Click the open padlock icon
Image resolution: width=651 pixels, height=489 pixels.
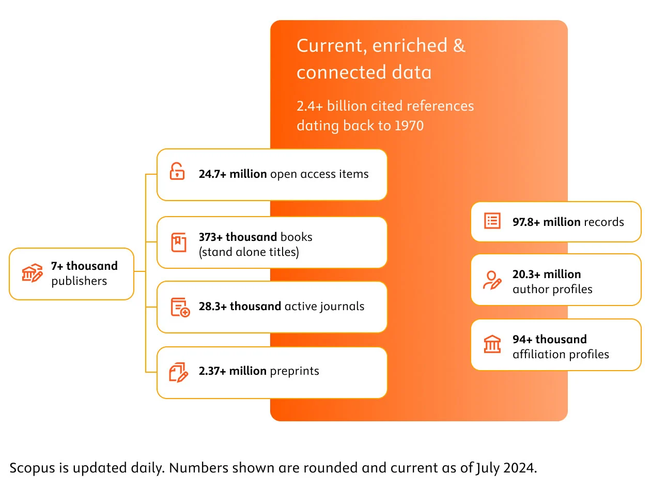click(x=177, y=171)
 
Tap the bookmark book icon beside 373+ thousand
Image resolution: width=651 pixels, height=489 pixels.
click(x=179, y=242)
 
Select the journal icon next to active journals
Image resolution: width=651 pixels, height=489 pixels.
click(x=180, y=307)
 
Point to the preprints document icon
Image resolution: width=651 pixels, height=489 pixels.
click(x=179, y=372)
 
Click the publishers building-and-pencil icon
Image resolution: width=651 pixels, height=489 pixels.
click(x=32, y=273)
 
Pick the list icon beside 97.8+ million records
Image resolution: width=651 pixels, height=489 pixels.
click(x=492, y=221)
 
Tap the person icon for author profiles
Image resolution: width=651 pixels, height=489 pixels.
click(x=491, y=280)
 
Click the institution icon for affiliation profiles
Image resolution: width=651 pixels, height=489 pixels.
click(x=492, y=344)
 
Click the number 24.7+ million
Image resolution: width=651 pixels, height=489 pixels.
click(x=233, y=174)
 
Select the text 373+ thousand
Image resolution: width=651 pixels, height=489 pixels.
click(x=238, y=237)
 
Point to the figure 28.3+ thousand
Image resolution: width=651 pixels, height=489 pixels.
click(x=240, y=307)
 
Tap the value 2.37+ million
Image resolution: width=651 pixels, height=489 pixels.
click(x=233, y=371)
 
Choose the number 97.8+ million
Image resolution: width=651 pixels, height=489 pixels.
click(x=546, y=222)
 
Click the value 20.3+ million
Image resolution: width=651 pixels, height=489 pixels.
click(x=547, y=274)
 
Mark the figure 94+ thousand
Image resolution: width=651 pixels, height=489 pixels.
click(x=549, y=340)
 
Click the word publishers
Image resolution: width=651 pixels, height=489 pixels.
click(x=79, y=281)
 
